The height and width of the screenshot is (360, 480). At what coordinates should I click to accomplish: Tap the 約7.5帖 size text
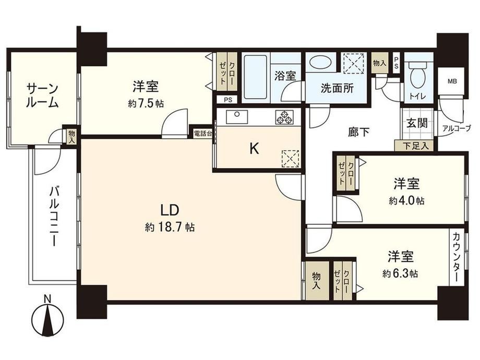(146, 104)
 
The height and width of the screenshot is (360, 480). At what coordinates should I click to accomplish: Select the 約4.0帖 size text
(407, 201)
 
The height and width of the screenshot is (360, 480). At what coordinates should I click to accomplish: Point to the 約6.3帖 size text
(400, 273)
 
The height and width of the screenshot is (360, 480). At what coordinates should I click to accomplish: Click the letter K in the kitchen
(254, 149)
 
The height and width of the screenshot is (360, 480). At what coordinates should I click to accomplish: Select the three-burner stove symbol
(284, 117)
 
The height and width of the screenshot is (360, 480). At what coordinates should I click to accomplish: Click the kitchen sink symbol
(237, 117)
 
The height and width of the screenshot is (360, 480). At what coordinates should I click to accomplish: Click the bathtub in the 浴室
(256, 77)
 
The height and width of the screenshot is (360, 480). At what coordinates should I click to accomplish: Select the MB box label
(452, 81)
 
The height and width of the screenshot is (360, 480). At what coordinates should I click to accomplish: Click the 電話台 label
(202, 134)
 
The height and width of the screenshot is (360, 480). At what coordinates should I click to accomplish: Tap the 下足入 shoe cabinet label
(415, 146)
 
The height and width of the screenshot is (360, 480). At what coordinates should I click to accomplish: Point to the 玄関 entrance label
(417, 123)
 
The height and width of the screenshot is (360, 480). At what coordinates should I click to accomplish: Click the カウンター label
(456, 257)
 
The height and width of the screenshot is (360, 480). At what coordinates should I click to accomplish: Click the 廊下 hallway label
(359, 132)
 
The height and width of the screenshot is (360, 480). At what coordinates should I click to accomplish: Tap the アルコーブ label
(457, 128)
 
